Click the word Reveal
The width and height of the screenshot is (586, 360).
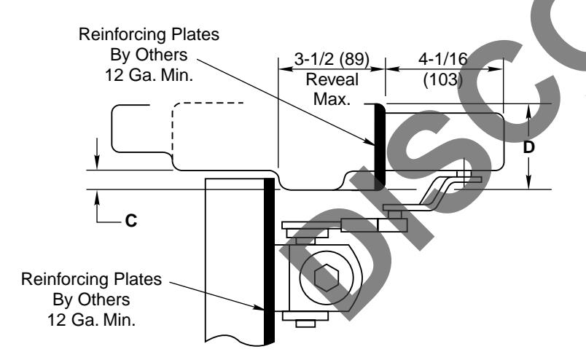click(332, 78)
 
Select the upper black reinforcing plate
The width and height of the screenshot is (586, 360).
click(378, 146)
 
